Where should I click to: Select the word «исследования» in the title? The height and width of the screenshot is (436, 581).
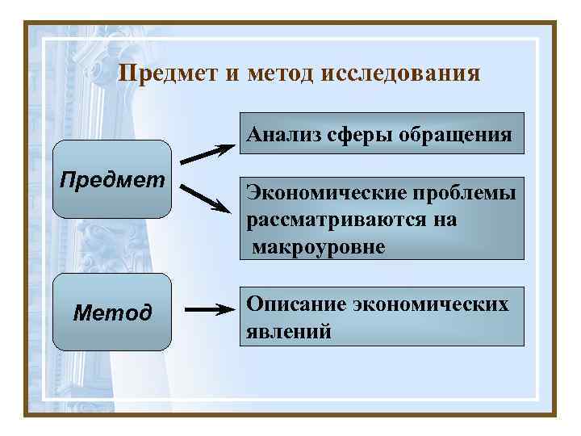point(402,74)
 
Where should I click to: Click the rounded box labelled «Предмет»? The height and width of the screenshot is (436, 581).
point(113,179)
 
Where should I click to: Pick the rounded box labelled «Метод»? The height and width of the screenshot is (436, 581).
point(113,312)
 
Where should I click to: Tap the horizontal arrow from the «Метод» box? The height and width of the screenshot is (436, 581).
point(209,309)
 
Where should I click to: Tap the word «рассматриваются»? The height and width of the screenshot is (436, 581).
point(340,220)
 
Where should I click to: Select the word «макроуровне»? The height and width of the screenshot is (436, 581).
point(319,245)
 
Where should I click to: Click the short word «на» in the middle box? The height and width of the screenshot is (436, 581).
point(445,220)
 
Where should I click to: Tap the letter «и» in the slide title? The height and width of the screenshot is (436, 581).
point(232,74)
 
